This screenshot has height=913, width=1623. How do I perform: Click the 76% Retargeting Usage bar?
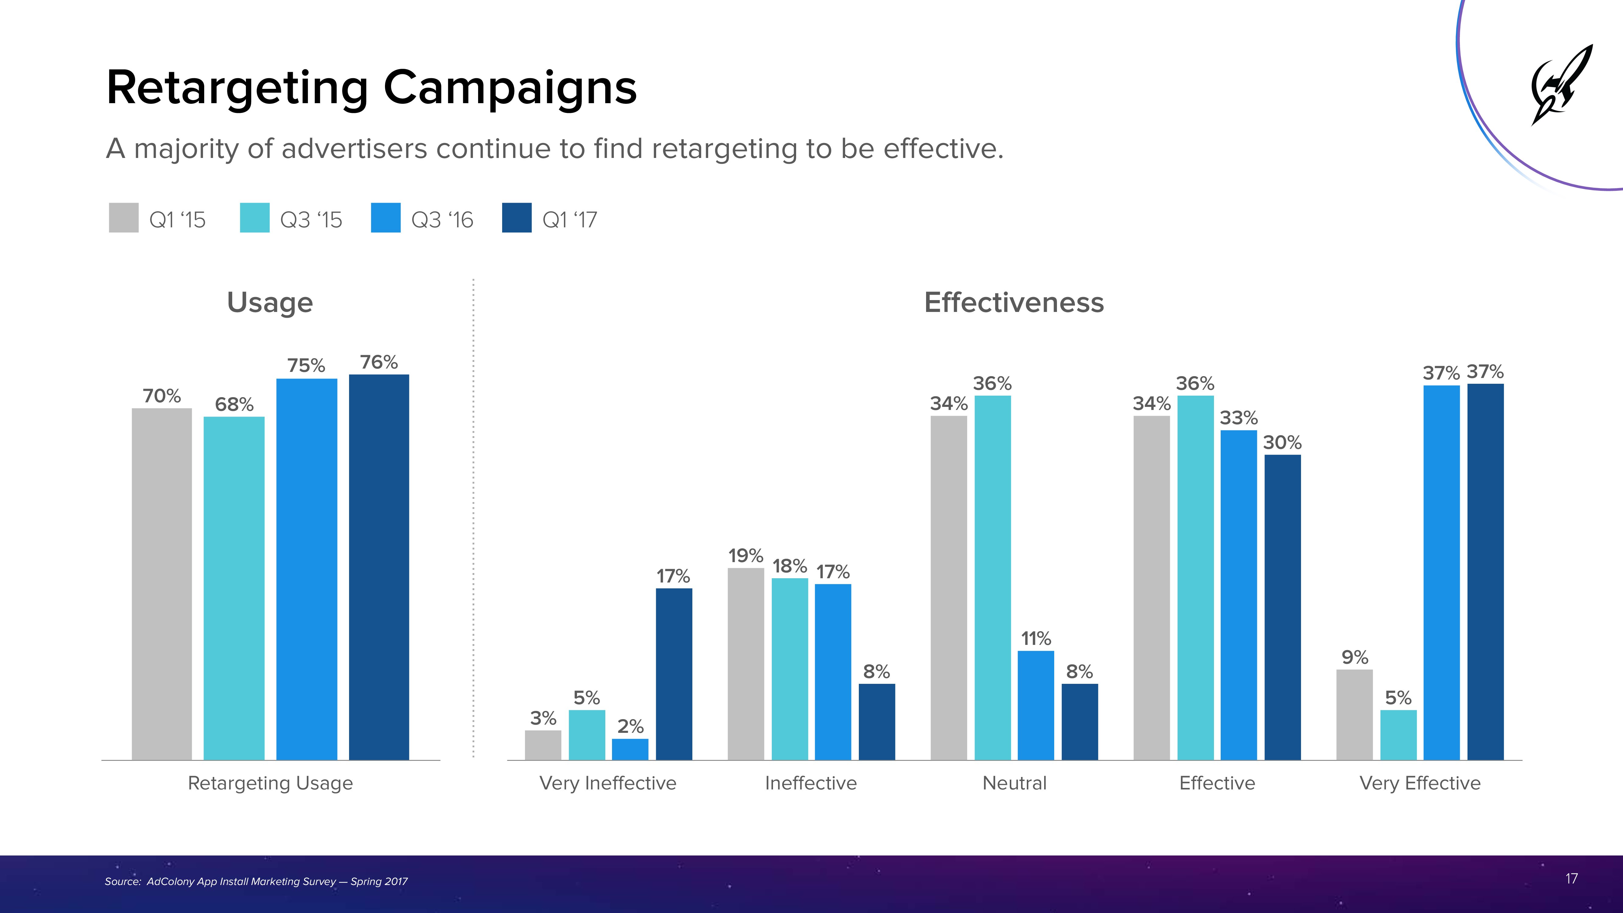(379, 567)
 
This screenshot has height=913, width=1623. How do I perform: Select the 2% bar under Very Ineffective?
(630, 749)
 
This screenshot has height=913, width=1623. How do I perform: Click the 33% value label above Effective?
(1239, 418)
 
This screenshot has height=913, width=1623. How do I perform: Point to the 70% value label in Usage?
(162, 396)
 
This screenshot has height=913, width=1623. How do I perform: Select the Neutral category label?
(1014, 783)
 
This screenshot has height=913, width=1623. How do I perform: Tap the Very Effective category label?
(1419, 783)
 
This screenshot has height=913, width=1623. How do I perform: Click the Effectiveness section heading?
(1014, 303)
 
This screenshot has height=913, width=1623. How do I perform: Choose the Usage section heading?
(270, 303)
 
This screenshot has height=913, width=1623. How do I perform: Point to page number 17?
(1571, 878)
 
